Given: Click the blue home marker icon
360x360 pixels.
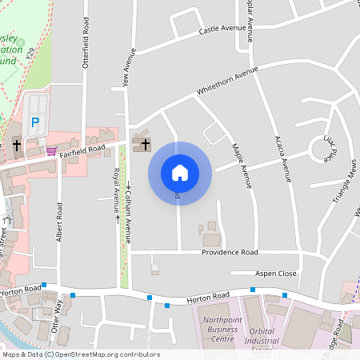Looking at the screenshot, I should (x=180, y=172).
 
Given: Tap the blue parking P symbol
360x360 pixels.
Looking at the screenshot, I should (x=34, y=122).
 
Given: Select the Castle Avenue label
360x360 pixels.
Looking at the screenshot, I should (x=222, y=29).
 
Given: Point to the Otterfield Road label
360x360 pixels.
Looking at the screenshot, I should (x=85, y=44).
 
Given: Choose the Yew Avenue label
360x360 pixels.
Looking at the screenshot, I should (x=128, y=67).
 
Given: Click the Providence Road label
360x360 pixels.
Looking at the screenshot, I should (x=229, y=251).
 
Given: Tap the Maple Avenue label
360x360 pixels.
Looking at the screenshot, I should (x=242, y=166).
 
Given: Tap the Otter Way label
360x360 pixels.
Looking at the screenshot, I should (x=56, y=315).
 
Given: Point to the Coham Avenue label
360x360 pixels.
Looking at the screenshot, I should (x=128, y=210).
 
